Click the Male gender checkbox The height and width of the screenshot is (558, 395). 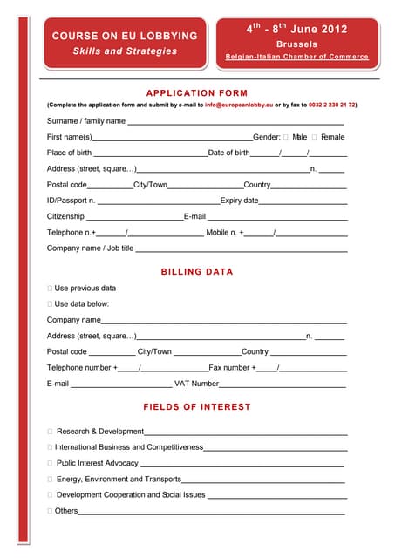(286, 137)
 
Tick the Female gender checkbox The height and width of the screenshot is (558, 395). (315, 137)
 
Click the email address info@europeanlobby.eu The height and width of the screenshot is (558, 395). (234, 105)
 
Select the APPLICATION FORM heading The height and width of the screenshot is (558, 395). (197, 93)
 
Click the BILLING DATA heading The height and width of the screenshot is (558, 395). (197, 272)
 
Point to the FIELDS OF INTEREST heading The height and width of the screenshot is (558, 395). (197, 407)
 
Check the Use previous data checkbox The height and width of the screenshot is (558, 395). (50, 289)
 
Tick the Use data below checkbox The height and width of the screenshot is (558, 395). (50, 304)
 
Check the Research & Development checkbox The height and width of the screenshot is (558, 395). (50, 432)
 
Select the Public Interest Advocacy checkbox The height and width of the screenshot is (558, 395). (50, 463)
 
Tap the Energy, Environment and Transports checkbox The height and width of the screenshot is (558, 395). (50, 479)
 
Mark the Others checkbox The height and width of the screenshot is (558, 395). (50, 511)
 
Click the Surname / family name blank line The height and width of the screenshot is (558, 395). (235, 122)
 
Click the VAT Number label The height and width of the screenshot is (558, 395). (196, 384)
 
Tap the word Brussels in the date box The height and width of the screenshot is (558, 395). (296, 44)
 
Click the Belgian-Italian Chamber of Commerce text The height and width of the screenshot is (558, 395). (296, 57)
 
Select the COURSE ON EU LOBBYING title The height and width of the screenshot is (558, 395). (125, 37)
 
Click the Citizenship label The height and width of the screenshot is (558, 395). (65, 216)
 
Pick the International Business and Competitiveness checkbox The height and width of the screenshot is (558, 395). (50, 447)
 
